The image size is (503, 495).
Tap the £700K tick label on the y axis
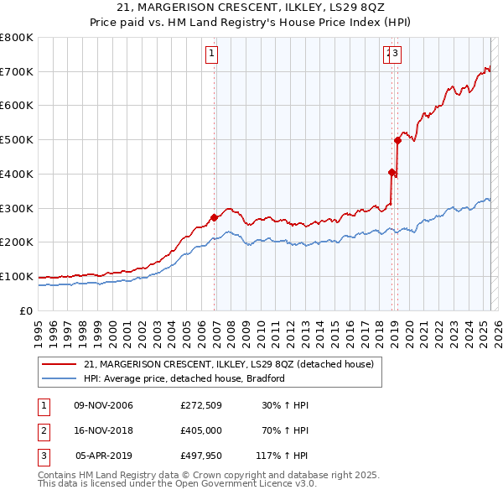coord(17,71)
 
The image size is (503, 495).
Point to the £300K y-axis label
coord(17,208)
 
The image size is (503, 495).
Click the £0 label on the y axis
coord(27,310)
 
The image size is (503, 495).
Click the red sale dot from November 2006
coord(214,217)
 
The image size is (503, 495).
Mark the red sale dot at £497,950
coord(397,140)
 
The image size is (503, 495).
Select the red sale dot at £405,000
coord(392,172)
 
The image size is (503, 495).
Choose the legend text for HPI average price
coord(184,378)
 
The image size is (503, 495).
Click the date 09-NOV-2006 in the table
coord(104,405)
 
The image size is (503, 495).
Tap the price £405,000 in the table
coord(200,432)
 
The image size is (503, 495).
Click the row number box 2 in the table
coord(43,432)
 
